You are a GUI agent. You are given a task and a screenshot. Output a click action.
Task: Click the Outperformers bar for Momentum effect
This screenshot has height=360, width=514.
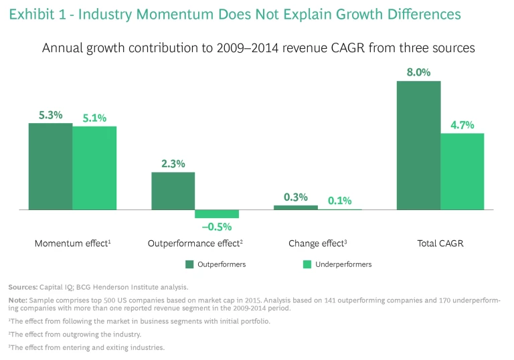tap(50, 167)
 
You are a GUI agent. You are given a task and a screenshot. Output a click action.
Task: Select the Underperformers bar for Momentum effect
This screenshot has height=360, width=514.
tap(94, 168)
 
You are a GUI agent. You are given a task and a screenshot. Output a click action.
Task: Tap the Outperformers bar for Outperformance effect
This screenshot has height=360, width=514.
tap(173, 191)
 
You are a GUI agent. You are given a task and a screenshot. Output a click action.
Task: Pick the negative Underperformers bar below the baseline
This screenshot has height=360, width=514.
tap(217, 214)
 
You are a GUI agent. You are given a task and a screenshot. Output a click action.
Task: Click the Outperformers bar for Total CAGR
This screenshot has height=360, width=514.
tap(418, 145)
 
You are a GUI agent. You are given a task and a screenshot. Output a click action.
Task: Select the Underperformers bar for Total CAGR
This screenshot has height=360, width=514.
tap(462, 171)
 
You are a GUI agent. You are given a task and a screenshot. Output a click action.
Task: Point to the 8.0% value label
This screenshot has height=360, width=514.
tap(418, 72)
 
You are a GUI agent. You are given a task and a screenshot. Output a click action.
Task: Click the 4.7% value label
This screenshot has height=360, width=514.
tap(462, 124)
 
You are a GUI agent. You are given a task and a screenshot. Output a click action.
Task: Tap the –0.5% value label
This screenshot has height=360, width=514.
tap(217, 227)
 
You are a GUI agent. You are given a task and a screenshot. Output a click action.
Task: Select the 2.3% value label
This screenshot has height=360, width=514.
tap(173, 163)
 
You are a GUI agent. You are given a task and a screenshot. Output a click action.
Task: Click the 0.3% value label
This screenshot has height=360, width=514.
tap(295, 197)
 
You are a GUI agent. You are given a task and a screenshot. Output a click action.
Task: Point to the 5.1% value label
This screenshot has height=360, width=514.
tap(94, 118)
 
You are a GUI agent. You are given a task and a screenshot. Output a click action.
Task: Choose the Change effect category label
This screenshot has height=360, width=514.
tap(317, 244)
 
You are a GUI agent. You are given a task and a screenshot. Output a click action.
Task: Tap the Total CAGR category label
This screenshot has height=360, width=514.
tap(440, 244)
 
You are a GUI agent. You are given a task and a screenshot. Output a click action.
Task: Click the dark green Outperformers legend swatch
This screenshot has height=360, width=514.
tap(189, 264)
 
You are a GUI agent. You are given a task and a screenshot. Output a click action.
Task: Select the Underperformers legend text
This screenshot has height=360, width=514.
tap(343, 264)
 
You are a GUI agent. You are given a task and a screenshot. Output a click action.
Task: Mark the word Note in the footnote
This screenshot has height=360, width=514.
tap(18, 300)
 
